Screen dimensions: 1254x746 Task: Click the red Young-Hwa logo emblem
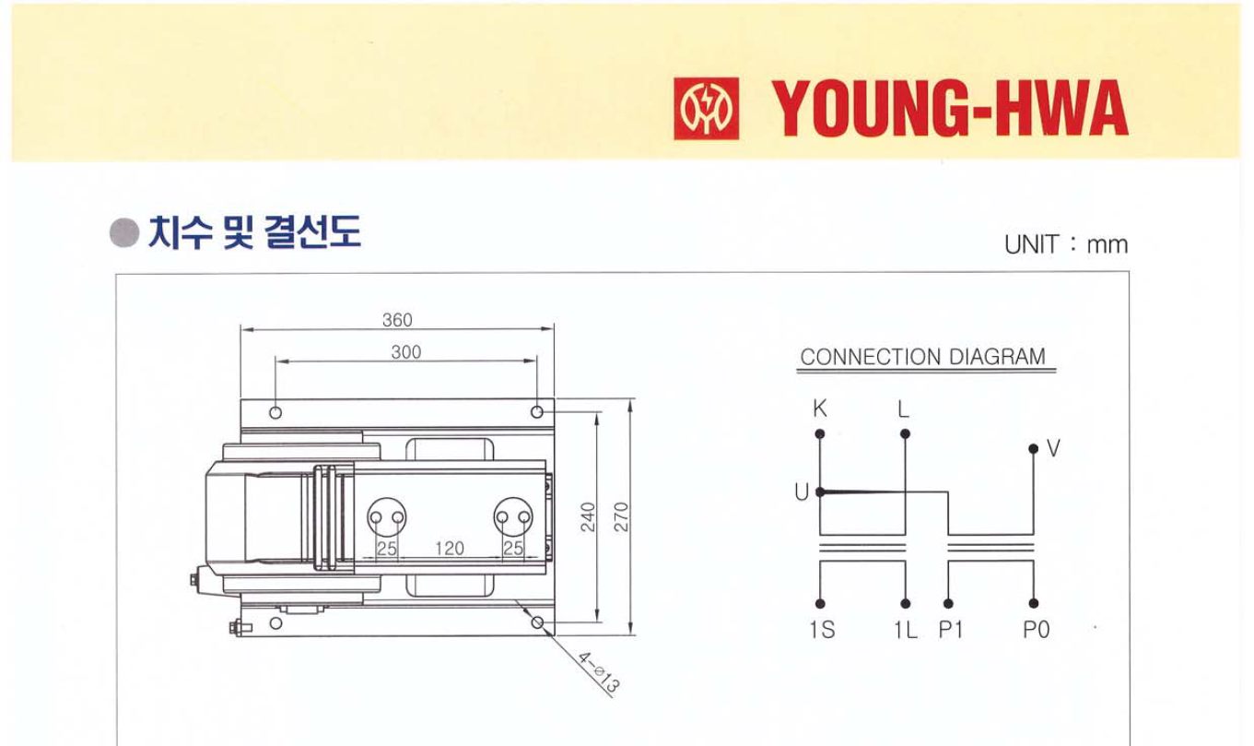pos(706,109)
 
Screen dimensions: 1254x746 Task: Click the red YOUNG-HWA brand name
pos(949,109)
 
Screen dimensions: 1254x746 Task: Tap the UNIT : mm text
pos(1065,244)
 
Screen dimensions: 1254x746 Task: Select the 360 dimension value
pos(397,320)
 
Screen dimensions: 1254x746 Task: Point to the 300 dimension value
pos(405,352)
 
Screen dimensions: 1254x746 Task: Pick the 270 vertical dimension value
pos(621,516)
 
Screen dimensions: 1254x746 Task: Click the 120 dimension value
pos(449,549)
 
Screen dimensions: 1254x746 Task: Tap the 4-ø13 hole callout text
pos(599,672)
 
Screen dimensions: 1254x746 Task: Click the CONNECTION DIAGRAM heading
pos(922,357)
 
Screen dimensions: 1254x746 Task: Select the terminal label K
pos(819,408)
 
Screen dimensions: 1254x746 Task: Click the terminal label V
pos(1053,449)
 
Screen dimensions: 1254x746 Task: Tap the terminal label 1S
pos(822,632)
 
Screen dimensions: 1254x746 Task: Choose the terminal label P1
pos(950,632)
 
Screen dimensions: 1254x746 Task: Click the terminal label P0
pos(1036,632)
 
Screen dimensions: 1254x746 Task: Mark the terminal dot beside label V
pos(1034,450)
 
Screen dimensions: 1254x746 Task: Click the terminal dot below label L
pos(905,433)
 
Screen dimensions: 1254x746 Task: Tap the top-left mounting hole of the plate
pos(275,412)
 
